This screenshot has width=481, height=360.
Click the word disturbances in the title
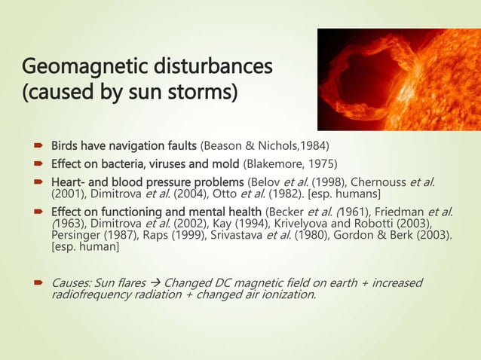207,69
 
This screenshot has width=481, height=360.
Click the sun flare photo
399,78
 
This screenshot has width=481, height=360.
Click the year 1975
322,162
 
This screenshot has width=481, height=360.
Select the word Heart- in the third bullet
69,181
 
